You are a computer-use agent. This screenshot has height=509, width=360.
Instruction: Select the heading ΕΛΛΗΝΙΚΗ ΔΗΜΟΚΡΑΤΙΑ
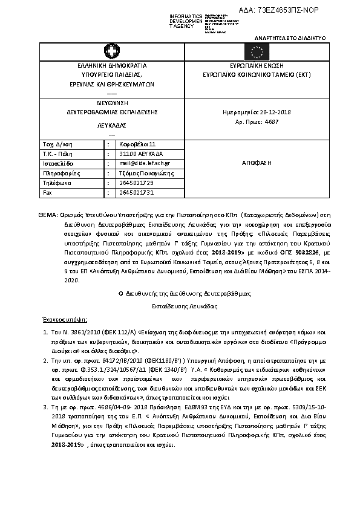point(112,65)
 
